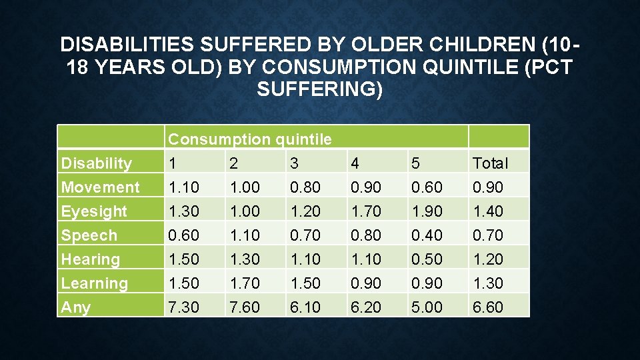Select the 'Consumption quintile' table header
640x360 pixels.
[249, 139]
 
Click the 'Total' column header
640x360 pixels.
[490, 163]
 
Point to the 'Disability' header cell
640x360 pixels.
[96, 163]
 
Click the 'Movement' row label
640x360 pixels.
[100, 187]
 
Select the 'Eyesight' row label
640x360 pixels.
[94, 211]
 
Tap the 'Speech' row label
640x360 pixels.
[89, 235]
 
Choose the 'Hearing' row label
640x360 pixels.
[91, 259]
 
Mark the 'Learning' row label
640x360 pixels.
[94, 283]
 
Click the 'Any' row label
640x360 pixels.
[75, 307]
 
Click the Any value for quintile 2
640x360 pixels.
[245, 307]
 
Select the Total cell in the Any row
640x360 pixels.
[488, 307]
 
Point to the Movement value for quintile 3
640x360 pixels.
[305, 187]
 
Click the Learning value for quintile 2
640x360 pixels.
[245, 283]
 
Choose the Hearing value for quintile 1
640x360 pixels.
[184, 259]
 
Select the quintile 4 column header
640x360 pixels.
[355, 163]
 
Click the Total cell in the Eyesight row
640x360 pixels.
[488, 211]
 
